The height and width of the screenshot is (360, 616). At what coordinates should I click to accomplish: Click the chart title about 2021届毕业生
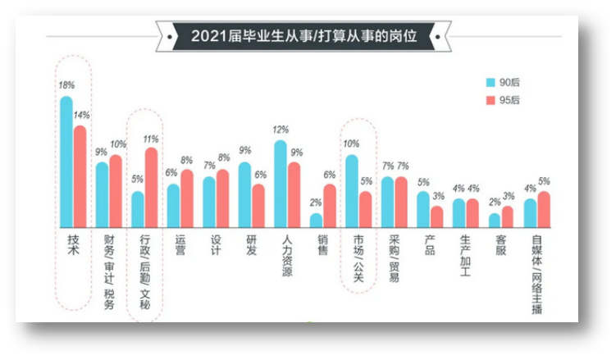(x=303, y=36)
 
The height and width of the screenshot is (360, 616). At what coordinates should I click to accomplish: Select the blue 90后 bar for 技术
(x=66, y=161)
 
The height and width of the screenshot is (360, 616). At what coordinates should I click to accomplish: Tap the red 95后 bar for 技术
(x=80, y=175)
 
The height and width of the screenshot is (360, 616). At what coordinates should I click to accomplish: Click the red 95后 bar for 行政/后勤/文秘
(x=151, y=187)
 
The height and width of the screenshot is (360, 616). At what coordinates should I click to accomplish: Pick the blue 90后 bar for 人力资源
(x=281, y=183)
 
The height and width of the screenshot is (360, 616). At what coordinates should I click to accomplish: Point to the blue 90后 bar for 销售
(x=316, y=220)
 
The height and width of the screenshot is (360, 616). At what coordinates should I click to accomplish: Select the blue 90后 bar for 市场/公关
(x=352, y=190)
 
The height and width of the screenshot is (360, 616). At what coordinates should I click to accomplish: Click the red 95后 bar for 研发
(x=258, y=205)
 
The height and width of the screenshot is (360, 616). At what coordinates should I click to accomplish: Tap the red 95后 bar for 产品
(x=436, y=216)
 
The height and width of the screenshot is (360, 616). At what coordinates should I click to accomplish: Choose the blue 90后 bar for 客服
(x=494, y=220)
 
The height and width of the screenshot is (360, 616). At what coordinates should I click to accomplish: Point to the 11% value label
(x=150, y=139)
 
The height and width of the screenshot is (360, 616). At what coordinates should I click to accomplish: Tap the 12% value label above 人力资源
(x=281, y=130)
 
